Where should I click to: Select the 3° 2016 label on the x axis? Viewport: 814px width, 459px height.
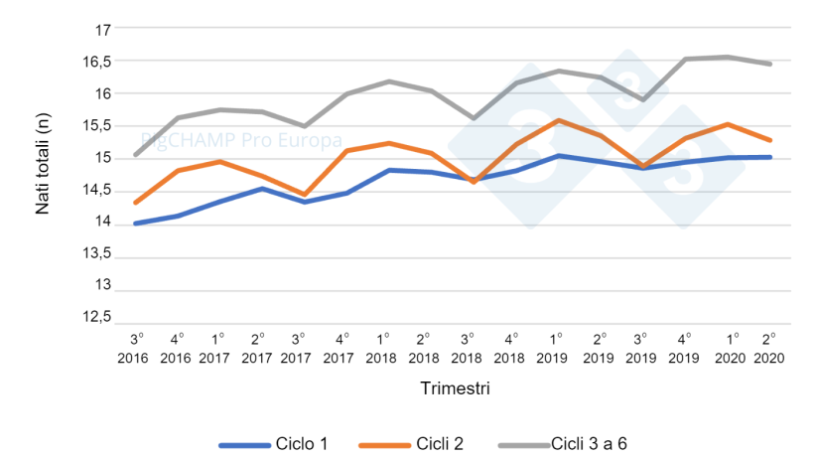pos(135,349)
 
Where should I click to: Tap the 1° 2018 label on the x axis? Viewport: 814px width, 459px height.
pos(381,349)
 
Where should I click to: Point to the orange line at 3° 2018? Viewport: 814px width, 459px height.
pos(473,182)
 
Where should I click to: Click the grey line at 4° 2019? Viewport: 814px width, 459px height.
pos(685,59)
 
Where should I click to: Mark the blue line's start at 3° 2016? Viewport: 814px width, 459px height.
pos(135,224)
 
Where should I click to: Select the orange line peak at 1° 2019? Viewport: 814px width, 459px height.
pos(558,120)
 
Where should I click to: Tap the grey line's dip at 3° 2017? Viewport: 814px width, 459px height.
pos(304,126)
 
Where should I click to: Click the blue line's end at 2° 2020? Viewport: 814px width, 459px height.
pos(770,157)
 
